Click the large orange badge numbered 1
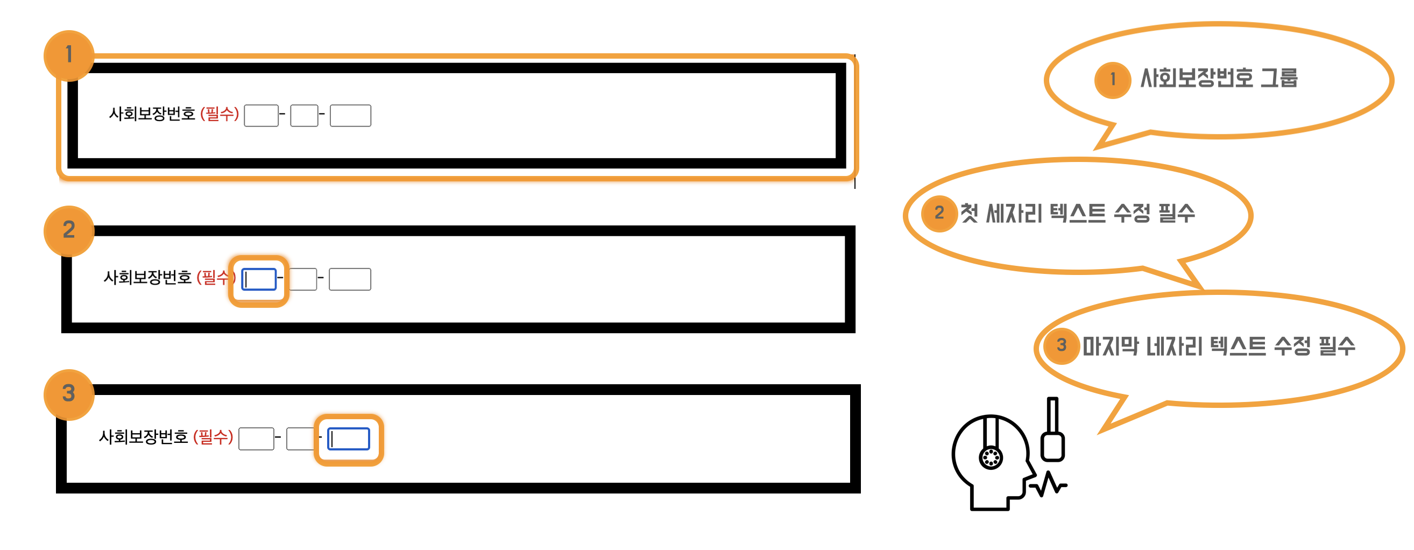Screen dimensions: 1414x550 tap(69, 55)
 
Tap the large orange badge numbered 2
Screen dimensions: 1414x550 tap(69, 230)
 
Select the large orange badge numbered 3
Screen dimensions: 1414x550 tap(69, 394)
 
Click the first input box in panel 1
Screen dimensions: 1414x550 tap(261, 116)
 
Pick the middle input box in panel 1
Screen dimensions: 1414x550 tap(304, 116)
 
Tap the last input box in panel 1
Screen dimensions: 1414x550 tap(350, 116)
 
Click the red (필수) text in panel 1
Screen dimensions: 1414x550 tap(220, 114)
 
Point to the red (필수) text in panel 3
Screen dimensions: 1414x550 tap(213, 438)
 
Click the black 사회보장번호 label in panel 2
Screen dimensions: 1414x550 tap(147, 278)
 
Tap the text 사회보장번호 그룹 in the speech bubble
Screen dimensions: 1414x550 tap(1219, 79)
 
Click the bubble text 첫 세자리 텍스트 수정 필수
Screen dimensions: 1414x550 tap(1077, 214)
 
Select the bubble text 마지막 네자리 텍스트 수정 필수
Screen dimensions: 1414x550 tap(1219, 347)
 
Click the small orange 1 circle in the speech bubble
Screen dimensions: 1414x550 tap(1113, 80)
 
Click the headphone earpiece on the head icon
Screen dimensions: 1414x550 tap(991, 457)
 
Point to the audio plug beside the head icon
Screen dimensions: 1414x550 tap(1052, 434)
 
